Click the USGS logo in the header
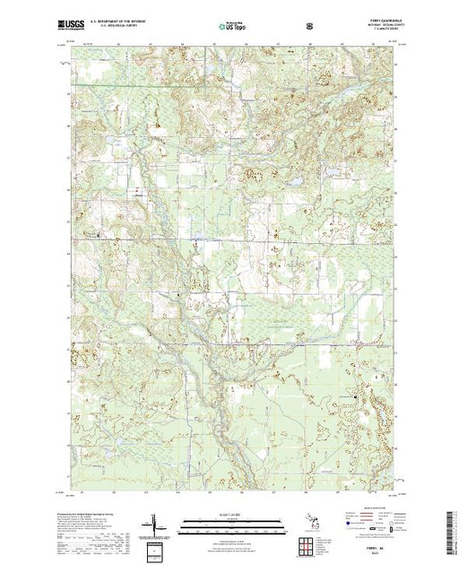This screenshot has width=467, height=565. click(76, 26)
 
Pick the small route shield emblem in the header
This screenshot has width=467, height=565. click(309, 26)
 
